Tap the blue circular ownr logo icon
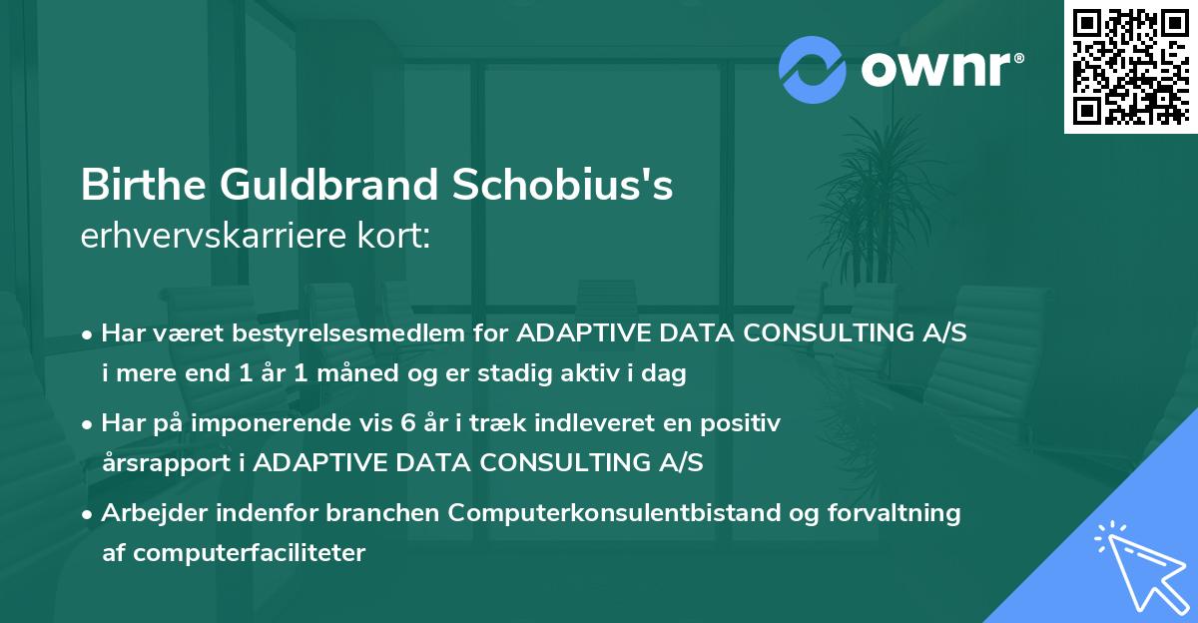click(x=812, y=70)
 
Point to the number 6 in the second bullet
click(x=405, y=423)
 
